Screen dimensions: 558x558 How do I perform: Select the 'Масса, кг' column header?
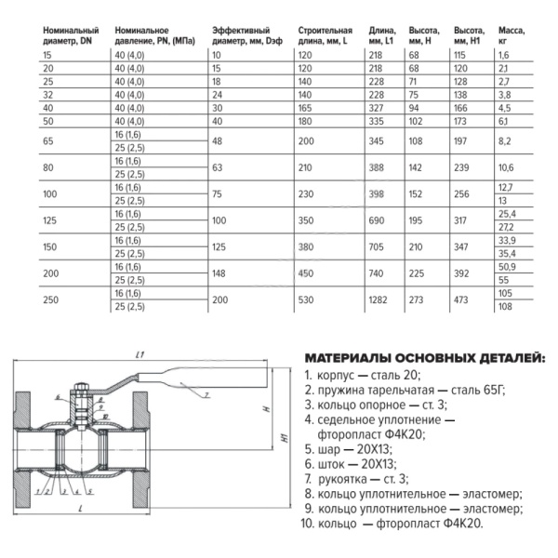point(511,35)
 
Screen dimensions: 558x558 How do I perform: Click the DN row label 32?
point(48,94)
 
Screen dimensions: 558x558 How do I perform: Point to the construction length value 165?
point(306,107)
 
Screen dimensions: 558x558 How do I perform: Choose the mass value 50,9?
point(508,266)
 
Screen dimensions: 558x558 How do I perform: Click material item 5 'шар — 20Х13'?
point(350,447)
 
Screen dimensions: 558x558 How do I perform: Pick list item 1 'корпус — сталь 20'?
point(362,374)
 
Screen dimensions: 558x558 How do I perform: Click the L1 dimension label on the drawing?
point(138,355)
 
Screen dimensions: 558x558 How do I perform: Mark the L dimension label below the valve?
point(83,512)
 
